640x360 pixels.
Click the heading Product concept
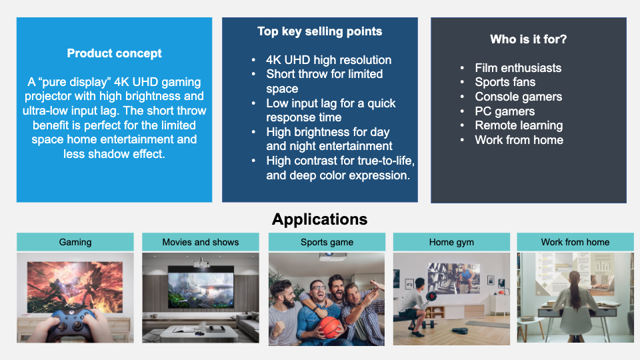[114, 53]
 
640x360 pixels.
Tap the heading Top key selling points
[319, 31]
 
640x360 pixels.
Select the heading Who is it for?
[528, 39]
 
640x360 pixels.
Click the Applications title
[319, 219]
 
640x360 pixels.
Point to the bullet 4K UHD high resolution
[329, 60]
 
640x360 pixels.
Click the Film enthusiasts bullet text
[518, 68]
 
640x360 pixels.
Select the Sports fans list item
[505, 82]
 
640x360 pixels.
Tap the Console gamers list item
[519, 97]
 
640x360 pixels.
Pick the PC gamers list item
[505, 111]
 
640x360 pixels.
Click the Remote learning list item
[519, 125]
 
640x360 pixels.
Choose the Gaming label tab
[75, 242]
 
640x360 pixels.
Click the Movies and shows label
[201, 242]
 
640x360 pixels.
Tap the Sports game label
[327, 242]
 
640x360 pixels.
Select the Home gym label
[451, 242]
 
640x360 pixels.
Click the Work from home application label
[575, 242]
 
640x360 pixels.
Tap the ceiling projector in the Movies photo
[201, 263]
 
